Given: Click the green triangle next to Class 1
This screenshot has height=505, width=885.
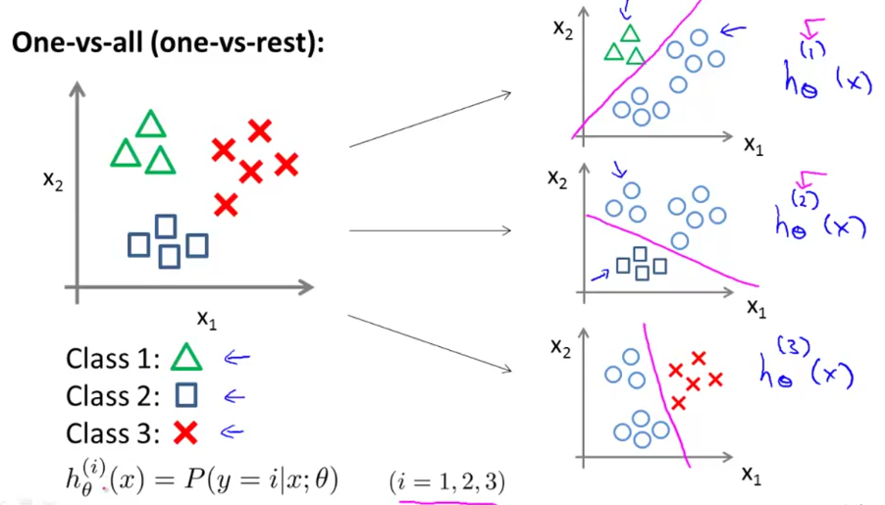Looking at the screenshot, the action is tap(186, 358).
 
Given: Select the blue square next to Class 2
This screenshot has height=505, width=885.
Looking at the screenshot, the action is tap(185, 395).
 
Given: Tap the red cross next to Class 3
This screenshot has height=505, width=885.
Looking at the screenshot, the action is tap(185, 432).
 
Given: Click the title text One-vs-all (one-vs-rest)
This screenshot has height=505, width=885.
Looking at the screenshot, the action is tap(168, 47).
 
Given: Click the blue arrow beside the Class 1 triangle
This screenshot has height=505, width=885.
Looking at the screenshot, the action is tap(236, 359).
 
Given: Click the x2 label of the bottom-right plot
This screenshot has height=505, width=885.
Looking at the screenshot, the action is tap(559, 347).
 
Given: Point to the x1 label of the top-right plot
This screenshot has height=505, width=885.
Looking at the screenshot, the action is tap(753, 146).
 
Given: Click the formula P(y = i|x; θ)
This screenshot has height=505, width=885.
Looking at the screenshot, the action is tap(255, 480).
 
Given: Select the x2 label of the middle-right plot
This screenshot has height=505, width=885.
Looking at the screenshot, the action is tap(558, 178).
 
